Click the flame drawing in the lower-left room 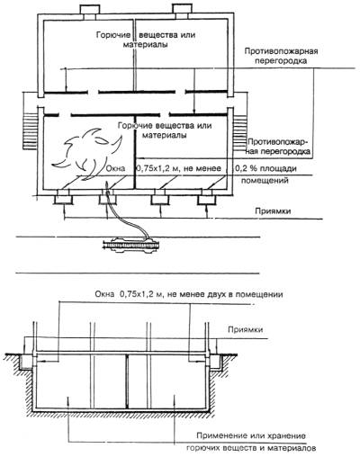pyautogui.click(x=87, y=153)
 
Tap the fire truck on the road pyautogui.click(x=132, y=245)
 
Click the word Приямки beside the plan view pyautogui.click(x=273, y=211)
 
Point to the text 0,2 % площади pyautogui.click(x=265, y=168)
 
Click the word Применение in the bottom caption pyautogui.click(x=221, y=435)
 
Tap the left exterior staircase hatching pyautogui.click(x=30, y=130)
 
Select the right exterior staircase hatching pyautogui.click(x=240, y=132)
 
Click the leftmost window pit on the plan pyautogui.click(x=63, y=199)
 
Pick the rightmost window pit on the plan pyautogui.click(x=207, y=200)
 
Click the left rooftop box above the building pyautogui.click(x=90, y=9)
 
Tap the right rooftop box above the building pyautogui.click(x=182, y=9)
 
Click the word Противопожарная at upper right pyautogui.click(x=281, y=51)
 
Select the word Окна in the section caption pyautogui.click(x=104, y=294)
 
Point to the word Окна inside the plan pyautogui.click(x=115, y=168)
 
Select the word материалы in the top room pyautogui.click(x=145, y=45)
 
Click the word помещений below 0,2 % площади pyautogui.click(x=265, y=181)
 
